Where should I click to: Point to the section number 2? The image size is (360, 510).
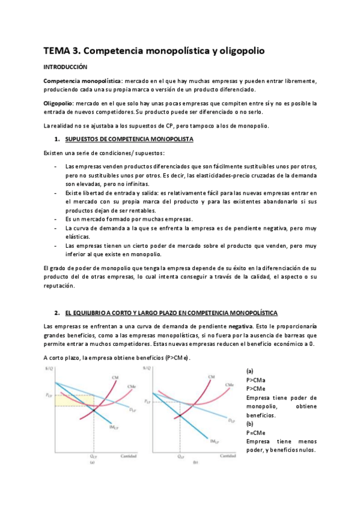pyautogui.click(x=56, y=313)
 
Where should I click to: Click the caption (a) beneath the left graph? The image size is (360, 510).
pyautogui.click(x=93, y=463)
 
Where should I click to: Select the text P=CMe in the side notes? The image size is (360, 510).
pyautogui.click(x=257, y=432)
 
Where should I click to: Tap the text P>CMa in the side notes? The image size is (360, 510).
pyautogui.click(x=257, y=380)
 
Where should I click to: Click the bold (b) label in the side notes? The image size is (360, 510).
pyautogui.click(x=251, y=424)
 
